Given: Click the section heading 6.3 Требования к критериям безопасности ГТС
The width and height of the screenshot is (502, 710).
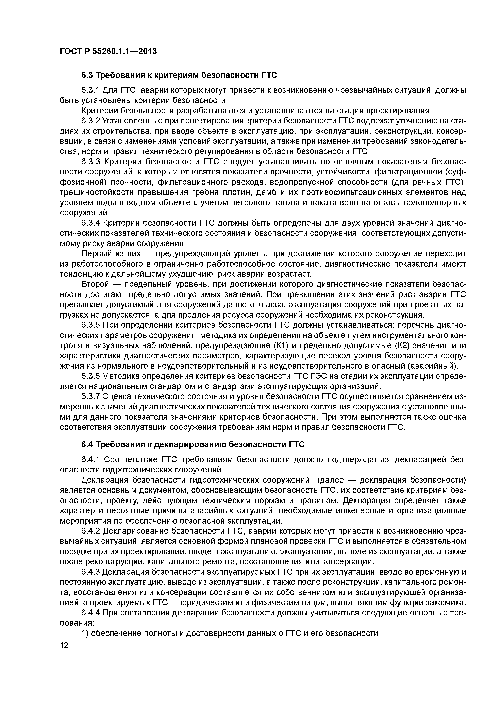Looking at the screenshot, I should [x=179, y=75].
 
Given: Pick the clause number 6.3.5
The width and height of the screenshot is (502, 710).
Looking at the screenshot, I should [x=90, y=325].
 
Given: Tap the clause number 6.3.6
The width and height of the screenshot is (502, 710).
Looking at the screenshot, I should [x=90, y=376].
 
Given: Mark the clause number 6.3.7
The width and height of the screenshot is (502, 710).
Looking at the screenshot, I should [x=90, y=396].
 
